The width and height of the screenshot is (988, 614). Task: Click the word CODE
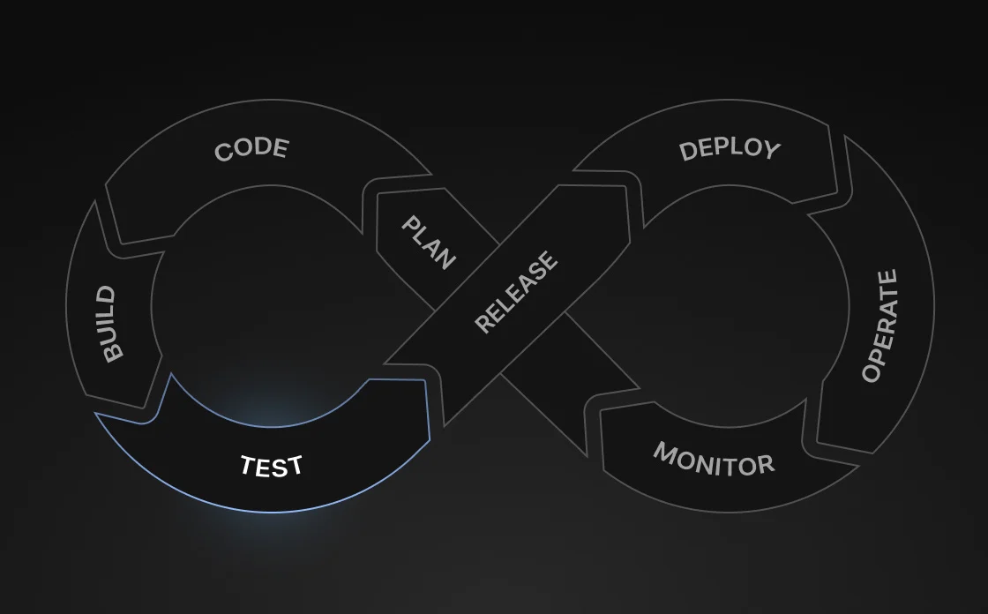coord(252,149)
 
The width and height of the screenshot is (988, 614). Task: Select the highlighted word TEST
coord(272,466)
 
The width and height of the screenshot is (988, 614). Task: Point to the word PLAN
coord(429,243)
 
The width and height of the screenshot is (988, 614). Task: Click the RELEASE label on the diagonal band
coord(516,292)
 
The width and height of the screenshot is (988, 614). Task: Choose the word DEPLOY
coord(730,149)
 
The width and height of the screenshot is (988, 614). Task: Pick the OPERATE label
coord(880,326)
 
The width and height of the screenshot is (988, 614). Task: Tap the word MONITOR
coord(714,459)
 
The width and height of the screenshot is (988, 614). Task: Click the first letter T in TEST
coord(249,465)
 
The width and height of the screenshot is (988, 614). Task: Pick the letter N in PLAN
coord(445,258)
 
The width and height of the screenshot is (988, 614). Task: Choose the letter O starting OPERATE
coord(872,372)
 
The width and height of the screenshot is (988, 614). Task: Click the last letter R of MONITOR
coord(766,465)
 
